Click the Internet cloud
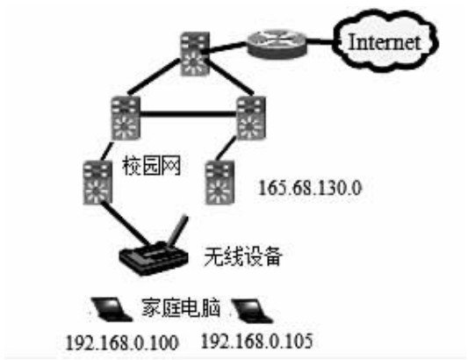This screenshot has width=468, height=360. (x=385, y=41)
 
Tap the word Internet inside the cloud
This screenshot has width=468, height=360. (x=385, y=42)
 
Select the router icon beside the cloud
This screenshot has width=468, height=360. (x=277, y=44)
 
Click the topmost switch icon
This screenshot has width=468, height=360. (x=195, y=54)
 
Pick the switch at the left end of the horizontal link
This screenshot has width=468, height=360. (x=126, y=118)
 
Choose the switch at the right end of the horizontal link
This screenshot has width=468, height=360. (x=251, y=118)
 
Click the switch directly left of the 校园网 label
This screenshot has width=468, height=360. (x=97, y=182)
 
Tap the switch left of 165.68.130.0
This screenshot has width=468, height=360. (x=220, y=182)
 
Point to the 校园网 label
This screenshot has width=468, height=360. (x=152, y=166)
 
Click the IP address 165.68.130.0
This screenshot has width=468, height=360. (x=310, y=188)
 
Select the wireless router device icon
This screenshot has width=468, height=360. (x=154, y=257)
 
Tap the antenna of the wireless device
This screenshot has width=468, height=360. (x=178, y=230)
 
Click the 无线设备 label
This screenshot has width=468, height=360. (x=242, y=256)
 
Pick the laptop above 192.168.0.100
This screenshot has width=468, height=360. (x=112, y=309)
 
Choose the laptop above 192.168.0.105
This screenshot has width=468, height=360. (x=252, y=311)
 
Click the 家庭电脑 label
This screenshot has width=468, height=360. (x=181, y=307)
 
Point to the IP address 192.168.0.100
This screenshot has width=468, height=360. (x=122, y=342)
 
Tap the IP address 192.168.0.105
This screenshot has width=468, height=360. (x=257, y=341)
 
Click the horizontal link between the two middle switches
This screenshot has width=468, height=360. (x=188, y=114)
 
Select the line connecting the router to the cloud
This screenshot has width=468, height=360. (x=320, y=42)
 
